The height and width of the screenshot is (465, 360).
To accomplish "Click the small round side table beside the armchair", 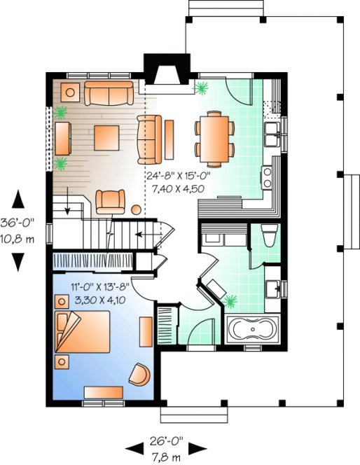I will point(134,209).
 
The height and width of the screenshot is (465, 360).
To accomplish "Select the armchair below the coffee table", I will point(109,201).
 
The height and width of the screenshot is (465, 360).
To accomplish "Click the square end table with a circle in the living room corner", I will point(71,90).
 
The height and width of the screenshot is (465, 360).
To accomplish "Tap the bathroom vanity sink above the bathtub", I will point(273,287).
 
